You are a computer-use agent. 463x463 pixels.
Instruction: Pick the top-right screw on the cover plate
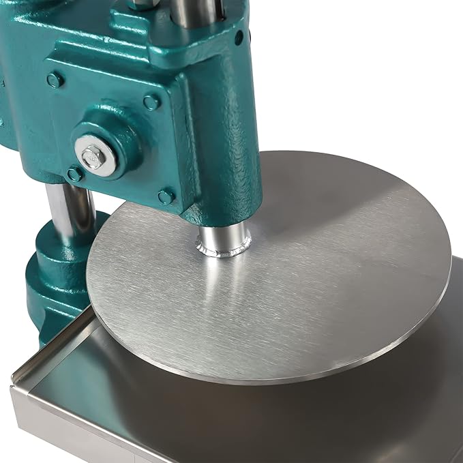click(x=151, y=102)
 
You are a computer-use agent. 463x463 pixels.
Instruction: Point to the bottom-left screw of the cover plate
click(x=74, y=175)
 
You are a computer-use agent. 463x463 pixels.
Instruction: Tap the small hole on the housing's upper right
click(x=239, y=38)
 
